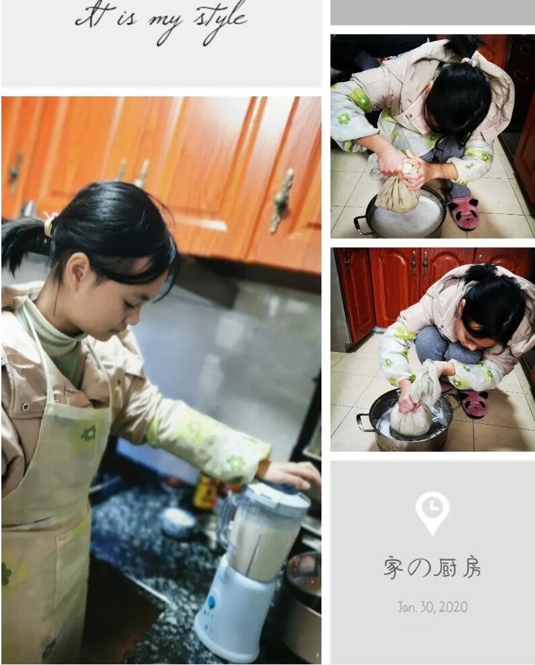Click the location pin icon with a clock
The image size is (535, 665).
(432, 512)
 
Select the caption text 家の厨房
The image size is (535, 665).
(432, 568)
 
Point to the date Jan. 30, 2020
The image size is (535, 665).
(432, 607)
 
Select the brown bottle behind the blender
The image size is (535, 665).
(204, 493)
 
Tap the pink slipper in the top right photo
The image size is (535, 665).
(463, 213)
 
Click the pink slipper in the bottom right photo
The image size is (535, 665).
(474, 405)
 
